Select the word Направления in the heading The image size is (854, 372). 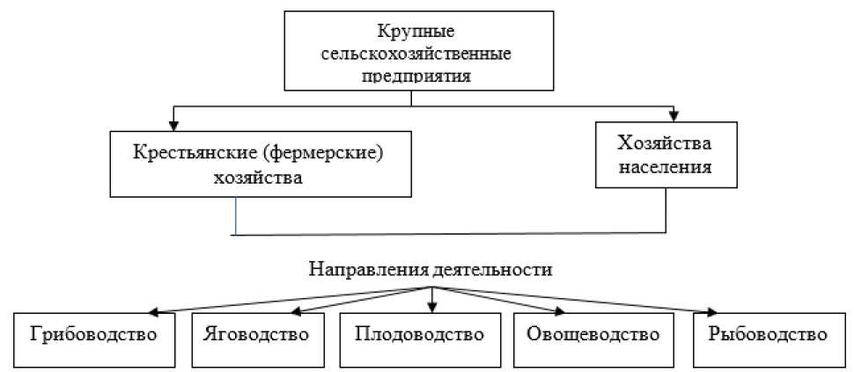coord(368,269)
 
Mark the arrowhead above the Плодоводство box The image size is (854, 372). coord(433,305)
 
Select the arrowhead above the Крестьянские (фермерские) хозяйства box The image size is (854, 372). coord(174,125)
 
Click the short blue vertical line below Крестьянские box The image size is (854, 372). coord(236,215)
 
